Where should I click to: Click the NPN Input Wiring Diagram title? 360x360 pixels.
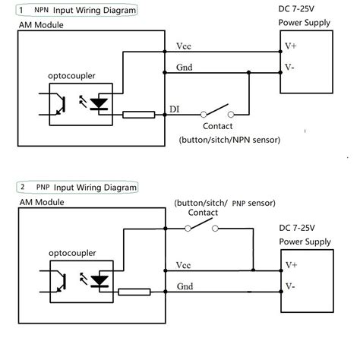coord(77,11)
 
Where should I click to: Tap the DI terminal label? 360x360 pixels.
coord(173,109)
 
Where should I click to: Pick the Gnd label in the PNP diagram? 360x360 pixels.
coord(183,286)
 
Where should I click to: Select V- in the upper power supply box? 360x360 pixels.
coord(289,68)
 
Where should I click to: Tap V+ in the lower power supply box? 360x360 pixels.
coord(292,265)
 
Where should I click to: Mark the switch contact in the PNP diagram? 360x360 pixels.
coord(201,226)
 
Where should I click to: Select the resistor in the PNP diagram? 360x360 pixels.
coord(134,291)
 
